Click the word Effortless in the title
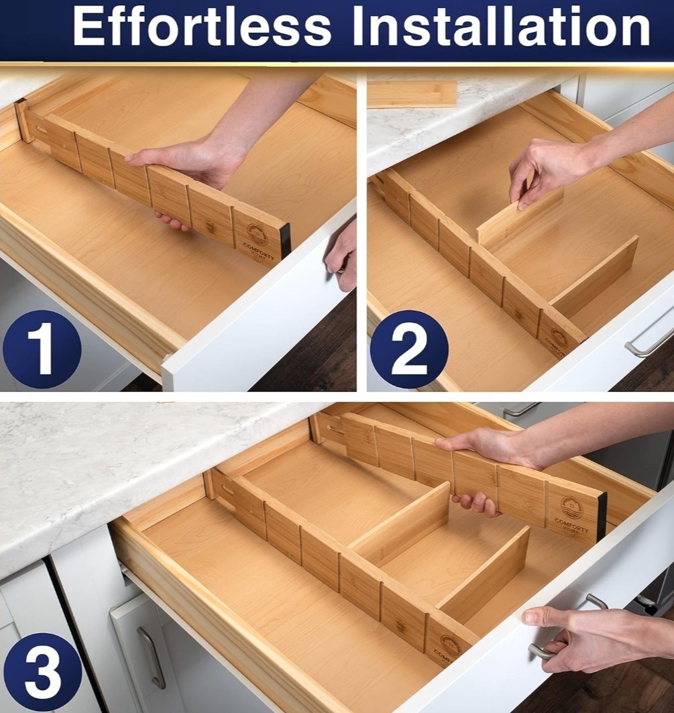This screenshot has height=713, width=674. pyautogui.click(x=202, y=28)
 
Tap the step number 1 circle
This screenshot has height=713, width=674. pyautogui.click(x=42, y=349)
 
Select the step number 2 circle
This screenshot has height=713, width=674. pyautogui.click(x=408, y=349)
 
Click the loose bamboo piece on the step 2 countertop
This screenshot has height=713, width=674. pyautogui.click(x=411, y=94)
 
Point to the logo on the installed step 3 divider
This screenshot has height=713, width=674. pyautogui.click(x=449, y=647)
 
